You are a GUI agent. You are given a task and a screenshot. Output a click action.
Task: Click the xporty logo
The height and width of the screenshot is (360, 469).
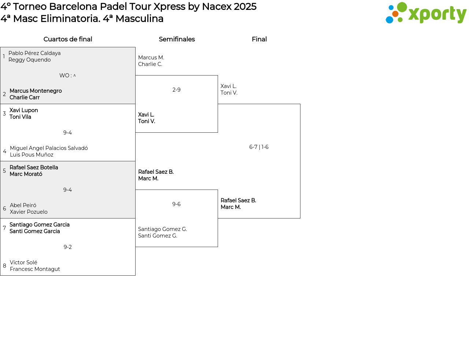coord(426,13)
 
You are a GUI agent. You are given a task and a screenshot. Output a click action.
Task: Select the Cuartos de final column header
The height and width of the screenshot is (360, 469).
coord(68,39)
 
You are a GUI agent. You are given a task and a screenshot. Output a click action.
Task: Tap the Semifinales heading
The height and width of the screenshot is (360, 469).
coord(177,39)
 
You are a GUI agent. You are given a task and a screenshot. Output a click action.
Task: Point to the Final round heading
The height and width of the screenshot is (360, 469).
coord(259,39)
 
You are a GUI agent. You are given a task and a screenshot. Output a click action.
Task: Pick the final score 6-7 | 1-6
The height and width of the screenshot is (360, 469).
coord(259,147)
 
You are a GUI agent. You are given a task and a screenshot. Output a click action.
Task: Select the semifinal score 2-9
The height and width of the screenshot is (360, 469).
coord(176,90)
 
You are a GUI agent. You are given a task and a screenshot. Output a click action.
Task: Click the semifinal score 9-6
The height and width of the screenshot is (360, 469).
coord(176,204)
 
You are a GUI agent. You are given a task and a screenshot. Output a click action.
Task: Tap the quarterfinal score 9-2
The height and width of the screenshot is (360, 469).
coord(67,247)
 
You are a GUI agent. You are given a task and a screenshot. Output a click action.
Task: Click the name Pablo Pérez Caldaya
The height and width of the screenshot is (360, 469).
coord(34,53)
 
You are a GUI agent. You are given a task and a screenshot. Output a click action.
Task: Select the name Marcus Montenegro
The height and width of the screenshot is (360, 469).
coord(36,91)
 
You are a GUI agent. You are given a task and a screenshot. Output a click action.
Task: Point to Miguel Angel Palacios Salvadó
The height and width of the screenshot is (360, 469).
coord(49,148)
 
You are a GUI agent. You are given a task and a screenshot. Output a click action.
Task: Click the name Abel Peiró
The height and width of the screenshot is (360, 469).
coord(23,205)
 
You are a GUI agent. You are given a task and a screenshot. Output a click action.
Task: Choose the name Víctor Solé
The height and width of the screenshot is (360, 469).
coord(23,262)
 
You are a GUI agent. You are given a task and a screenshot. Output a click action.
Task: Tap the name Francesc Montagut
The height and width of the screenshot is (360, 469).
coord(35,269)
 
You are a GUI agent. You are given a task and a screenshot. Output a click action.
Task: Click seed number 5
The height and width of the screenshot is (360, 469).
coord(4,171)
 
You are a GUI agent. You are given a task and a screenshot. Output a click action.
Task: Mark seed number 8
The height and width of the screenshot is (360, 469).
coord(4,266)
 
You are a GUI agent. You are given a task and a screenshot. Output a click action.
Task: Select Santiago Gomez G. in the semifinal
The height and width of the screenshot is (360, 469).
coord(162,229)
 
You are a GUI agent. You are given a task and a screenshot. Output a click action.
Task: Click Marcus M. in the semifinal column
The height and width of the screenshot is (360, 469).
coord(151,58)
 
